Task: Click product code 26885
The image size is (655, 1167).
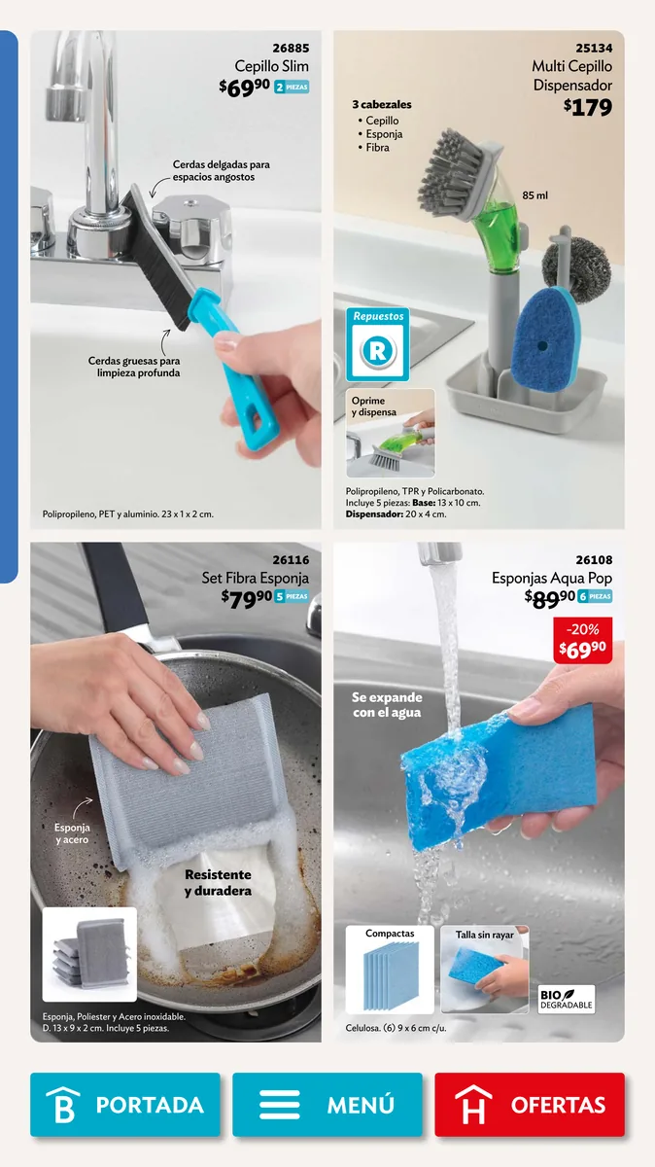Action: pyautogui.click(x=291, y=48)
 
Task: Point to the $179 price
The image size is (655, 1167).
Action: pyautogui.click(x=588, y=107)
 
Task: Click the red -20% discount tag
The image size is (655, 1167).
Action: pyautogui.click(x=583, y=640)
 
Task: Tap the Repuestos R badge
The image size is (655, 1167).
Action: pyautogui.click(x=377, y=344)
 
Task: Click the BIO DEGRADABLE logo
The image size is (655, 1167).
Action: pyautogui.click(x=566, y=999)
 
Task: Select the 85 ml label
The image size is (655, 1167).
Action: pyautogui.click(x=534, y=195)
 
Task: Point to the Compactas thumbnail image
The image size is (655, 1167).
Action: pyautogui.click(x=390, y=970)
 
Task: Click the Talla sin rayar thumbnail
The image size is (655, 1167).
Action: pyautogui.click(x=485, y=970)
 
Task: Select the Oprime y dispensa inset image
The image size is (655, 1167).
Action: pyautogui.click(x=391, y=433)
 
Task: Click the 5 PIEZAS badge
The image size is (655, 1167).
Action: pyautogui.click(x=293, y=596)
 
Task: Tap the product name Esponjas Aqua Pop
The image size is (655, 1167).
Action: pyautogui.click(x=552, y=578)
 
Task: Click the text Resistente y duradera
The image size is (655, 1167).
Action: pyautogui.click(x=218, y=883)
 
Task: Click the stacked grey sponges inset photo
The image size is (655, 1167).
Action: pyautogui.click(x=89, y=954)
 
